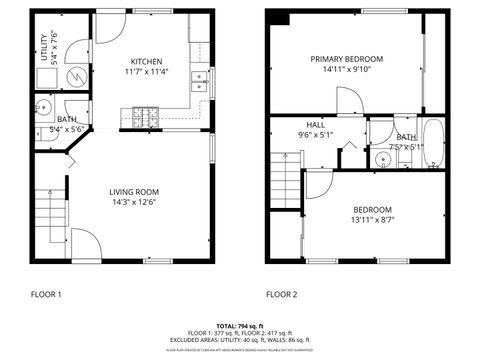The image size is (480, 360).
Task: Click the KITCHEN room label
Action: click(146, 61)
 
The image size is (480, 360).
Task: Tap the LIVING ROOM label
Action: click(133, 191)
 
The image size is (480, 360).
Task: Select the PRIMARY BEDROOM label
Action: click(346, 59)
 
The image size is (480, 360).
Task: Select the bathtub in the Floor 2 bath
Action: click(433, 142)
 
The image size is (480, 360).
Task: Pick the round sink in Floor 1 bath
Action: click(44, 109)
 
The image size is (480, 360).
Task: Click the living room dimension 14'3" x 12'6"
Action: click(133, 203)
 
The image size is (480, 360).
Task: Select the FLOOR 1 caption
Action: click(46, 295)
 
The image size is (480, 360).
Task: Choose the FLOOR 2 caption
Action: click(281, 295)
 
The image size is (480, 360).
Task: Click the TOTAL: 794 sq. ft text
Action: click(240, 326)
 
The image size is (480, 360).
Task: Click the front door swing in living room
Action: click(85, 245)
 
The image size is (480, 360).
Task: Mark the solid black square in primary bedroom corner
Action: click(280, 18)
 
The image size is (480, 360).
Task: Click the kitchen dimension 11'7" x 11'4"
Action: click(146, 72)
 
